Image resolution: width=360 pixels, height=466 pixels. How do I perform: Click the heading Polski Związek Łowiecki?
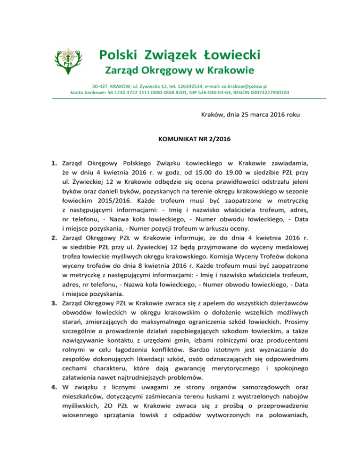pos(180,55)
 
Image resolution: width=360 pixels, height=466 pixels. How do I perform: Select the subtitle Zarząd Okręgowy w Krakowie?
pos(180,71)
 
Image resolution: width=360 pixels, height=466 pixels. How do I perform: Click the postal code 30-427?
pos(100,87)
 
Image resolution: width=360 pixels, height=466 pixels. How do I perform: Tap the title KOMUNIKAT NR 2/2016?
pos(180,139)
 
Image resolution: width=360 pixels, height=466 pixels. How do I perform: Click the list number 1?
pos(54,164)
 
